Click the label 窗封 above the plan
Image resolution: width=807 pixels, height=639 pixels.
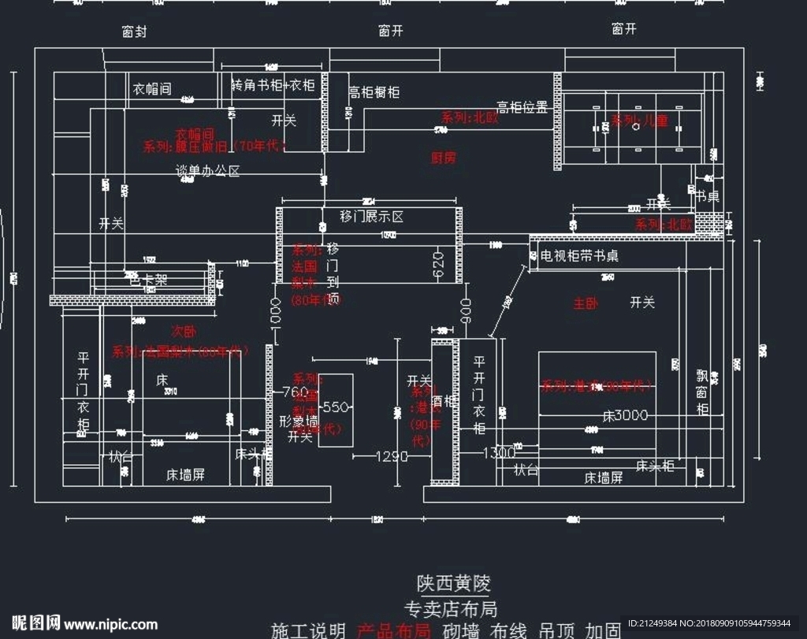[135, 32]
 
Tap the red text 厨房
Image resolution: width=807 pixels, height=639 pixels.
[443, 158]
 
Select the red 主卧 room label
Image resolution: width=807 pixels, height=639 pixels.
[586, 303]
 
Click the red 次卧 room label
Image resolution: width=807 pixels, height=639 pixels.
[184, 331]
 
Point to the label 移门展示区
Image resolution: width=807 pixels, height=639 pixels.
[371, 217]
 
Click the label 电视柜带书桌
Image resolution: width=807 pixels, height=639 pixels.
[579, 256]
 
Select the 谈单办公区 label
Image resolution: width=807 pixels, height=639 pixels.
[207, 170]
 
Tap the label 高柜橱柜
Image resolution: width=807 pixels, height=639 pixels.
[374, 92]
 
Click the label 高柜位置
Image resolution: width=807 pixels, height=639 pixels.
[522, 108]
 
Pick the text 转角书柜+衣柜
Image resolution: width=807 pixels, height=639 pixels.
[273, 85]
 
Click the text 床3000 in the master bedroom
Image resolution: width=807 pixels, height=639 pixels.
[625, 415]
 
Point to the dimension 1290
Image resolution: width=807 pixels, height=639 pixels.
[392, 456]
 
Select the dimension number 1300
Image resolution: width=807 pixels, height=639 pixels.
[498, 452]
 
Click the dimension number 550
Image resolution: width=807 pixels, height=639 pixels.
[335, 407]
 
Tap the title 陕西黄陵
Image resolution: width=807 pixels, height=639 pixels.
[453, 584]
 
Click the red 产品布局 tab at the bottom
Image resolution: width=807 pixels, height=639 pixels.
[393, 630]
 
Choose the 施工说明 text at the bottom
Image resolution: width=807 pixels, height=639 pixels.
[308, 630]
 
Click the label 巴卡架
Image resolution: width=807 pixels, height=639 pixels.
[149, 279]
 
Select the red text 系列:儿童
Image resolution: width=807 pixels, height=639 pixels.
[639, 121]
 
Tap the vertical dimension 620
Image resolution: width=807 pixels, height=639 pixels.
[439, 265]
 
